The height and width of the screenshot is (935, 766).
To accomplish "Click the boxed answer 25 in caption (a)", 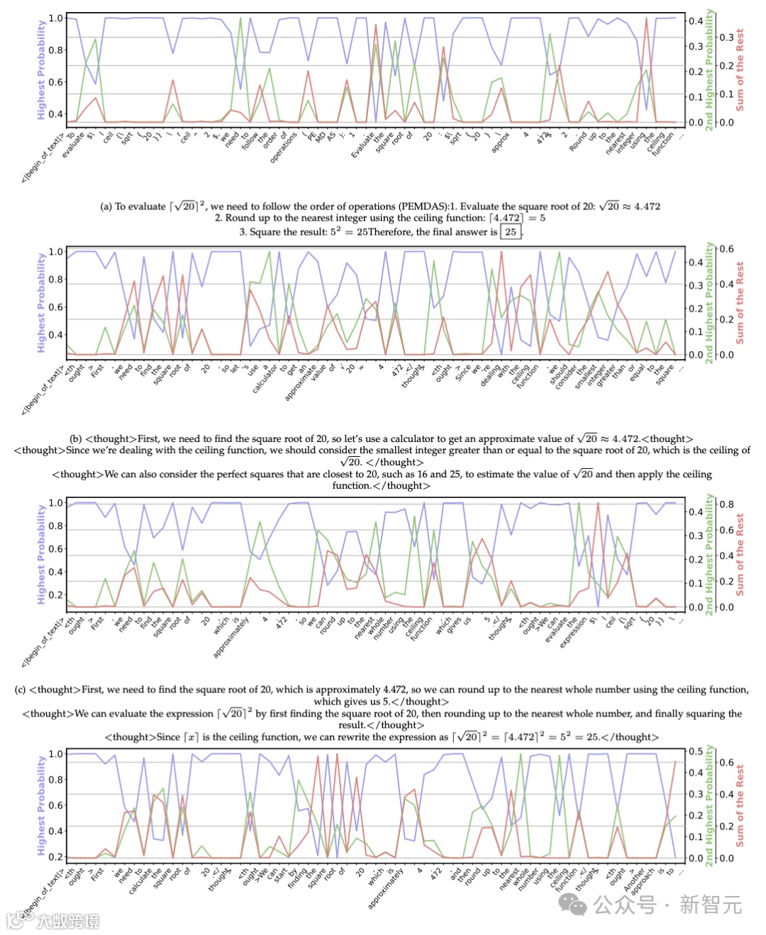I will click(511, 232).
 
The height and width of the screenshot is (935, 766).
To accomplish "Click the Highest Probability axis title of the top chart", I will click(41, 70).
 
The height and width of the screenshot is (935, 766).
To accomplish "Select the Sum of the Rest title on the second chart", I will click(740, 303).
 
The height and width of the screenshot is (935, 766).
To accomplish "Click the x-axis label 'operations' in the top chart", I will click(283, 150).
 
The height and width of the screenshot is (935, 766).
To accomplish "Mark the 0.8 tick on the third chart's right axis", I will click(726, 504).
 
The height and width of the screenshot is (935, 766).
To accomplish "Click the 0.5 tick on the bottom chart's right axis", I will click(696, 751).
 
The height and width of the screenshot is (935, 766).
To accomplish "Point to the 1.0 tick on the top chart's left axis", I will click(55, 18).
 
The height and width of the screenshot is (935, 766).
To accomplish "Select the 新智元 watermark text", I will click(710, 904).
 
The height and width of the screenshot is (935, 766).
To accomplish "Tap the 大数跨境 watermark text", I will click(67, 921).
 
